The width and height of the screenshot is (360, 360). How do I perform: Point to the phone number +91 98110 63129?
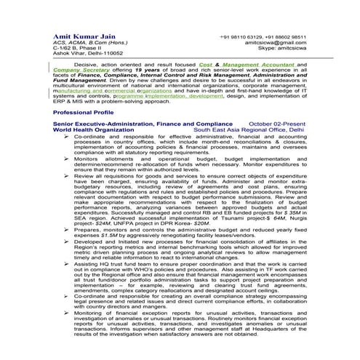click(241, 36)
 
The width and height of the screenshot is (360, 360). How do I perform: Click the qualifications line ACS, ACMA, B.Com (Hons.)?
click(84, 44)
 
